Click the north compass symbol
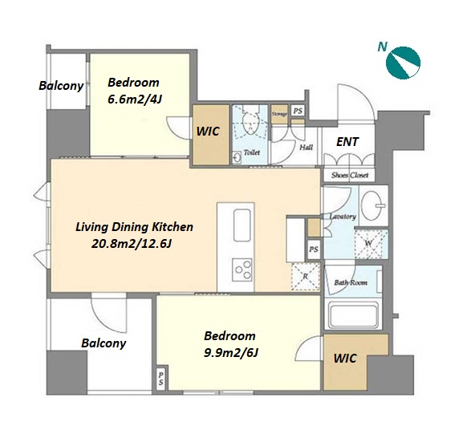click(403, 63)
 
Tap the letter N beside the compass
click(383, 47)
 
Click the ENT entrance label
click(347, 142)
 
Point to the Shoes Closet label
click(350, 176)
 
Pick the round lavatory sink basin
click(374, 205)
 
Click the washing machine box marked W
click(372, 244)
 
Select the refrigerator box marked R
click(306, 277)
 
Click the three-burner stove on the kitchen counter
click(242, 270)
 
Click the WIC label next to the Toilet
click(208, 132)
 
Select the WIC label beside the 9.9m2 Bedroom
click(345, 359)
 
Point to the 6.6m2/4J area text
click(135, 99)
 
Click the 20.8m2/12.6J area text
click(132, 244)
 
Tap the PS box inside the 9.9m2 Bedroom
click(161, 379)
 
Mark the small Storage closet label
click(279, 114)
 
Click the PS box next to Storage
click(298, 111)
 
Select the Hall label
click(307, 148)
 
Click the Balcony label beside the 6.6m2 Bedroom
click(61, 86)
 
